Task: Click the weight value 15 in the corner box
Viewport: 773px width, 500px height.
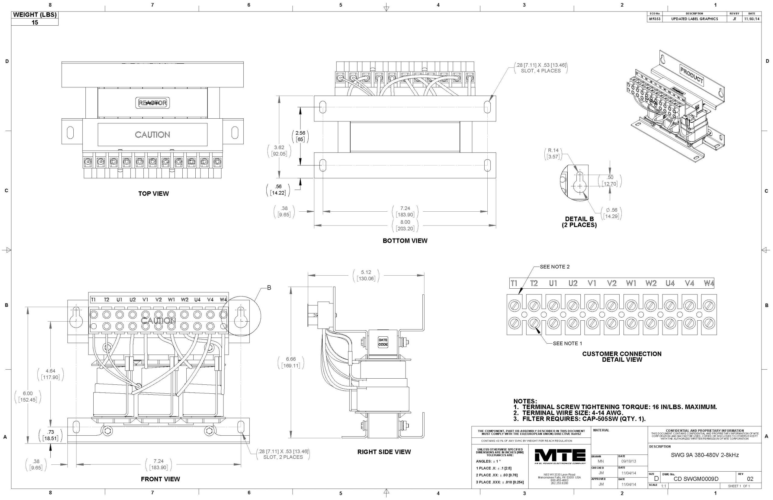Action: pos(35,22)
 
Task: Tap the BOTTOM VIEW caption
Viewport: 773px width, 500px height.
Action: pos(405,241)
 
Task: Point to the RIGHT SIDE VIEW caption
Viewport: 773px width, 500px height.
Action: pos(384,452)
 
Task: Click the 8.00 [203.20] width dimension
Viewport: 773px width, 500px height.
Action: pos(405,225)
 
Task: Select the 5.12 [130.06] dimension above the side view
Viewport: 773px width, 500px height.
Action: pos(366,275)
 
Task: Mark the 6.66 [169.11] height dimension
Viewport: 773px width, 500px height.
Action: pos(290,363)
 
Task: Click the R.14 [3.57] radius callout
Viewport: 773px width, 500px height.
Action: pos(553,153)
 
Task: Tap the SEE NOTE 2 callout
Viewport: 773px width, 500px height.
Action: pos(554,267)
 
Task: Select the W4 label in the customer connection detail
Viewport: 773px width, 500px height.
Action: pos(709,284)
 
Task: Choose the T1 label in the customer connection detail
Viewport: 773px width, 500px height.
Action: pos(514,284)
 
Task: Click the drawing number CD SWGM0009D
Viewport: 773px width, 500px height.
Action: pos(696,479)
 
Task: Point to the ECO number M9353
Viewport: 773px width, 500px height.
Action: pos(654,19)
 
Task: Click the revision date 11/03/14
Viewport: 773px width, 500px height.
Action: pos(752,19)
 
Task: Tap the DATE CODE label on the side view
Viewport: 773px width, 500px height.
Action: pos(383,342)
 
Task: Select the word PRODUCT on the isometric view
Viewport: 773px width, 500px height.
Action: pos(691,75)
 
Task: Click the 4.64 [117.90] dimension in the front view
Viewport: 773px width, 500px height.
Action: pos(50,374)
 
